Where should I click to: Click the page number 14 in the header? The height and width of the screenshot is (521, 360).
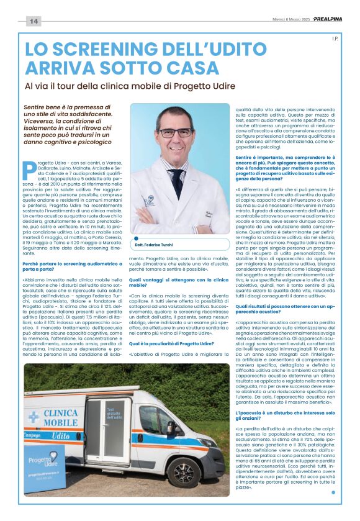[33, 22]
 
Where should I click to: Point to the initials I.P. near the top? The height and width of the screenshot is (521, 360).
[333, 39]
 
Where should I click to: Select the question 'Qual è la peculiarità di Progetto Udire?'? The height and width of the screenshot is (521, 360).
[171, 343]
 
